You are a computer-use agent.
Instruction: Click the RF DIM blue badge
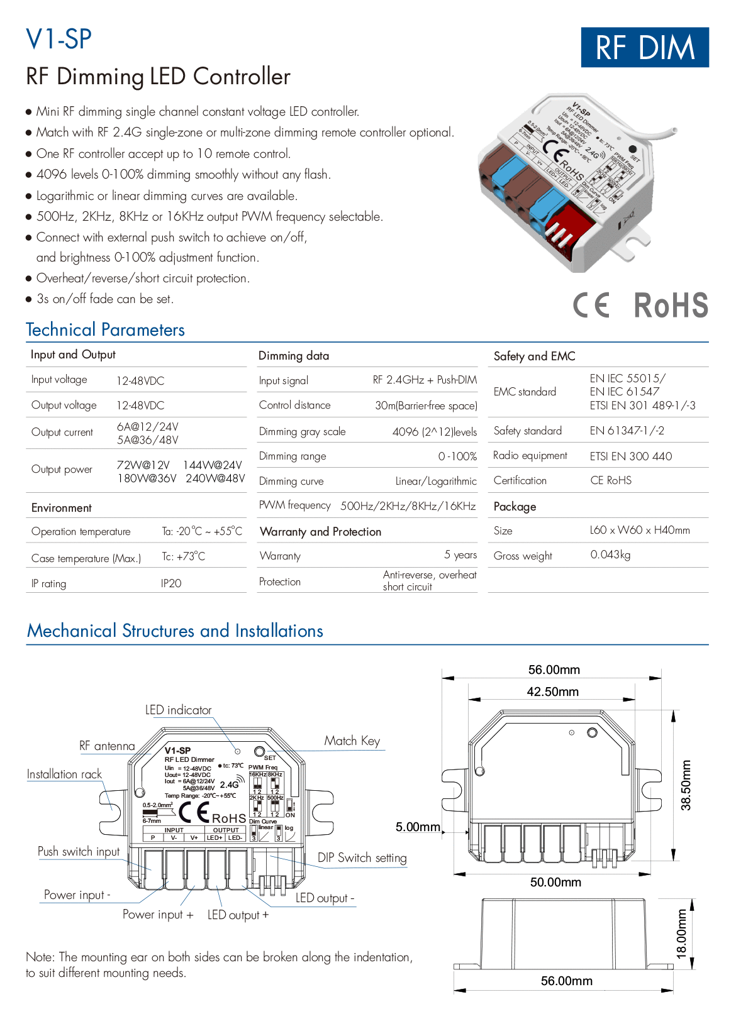644,47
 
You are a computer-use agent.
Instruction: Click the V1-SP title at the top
59,39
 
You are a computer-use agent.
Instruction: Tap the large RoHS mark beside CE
671,306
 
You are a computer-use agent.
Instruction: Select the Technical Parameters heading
105,330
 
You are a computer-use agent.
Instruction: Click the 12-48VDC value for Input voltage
140,381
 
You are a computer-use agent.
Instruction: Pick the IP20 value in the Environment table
171,583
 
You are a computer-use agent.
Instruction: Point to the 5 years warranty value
460,555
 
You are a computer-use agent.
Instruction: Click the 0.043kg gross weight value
610,555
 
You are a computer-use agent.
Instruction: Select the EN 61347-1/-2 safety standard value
627,431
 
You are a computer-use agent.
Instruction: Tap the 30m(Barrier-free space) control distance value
426,406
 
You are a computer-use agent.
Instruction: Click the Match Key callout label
352,741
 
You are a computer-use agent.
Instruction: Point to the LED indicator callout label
178,710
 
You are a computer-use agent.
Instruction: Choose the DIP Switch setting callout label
362,858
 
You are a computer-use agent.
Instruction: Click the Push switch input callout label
79,852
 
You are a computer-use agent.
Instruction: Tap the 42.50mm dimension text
552,692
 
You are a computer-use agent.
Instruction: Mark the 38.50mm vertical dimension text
686,785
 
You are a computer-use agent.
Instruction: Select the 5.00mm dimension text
418,827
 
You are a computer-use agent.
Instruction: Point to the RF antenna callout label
107,746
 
